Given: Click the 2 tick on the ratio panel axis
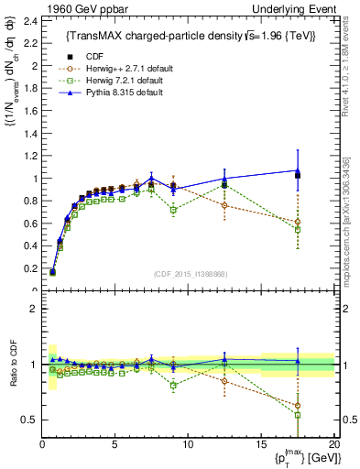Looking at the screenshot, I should pyautogui.click(x=32, y=309).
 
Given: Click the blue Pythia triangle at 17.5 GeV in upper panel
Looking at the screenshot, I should pyautogui.click(x=298, y=169).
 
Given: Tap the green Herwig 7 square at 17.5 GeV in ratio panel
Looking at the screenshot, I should pyautogui.click(x=298, y=414).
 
